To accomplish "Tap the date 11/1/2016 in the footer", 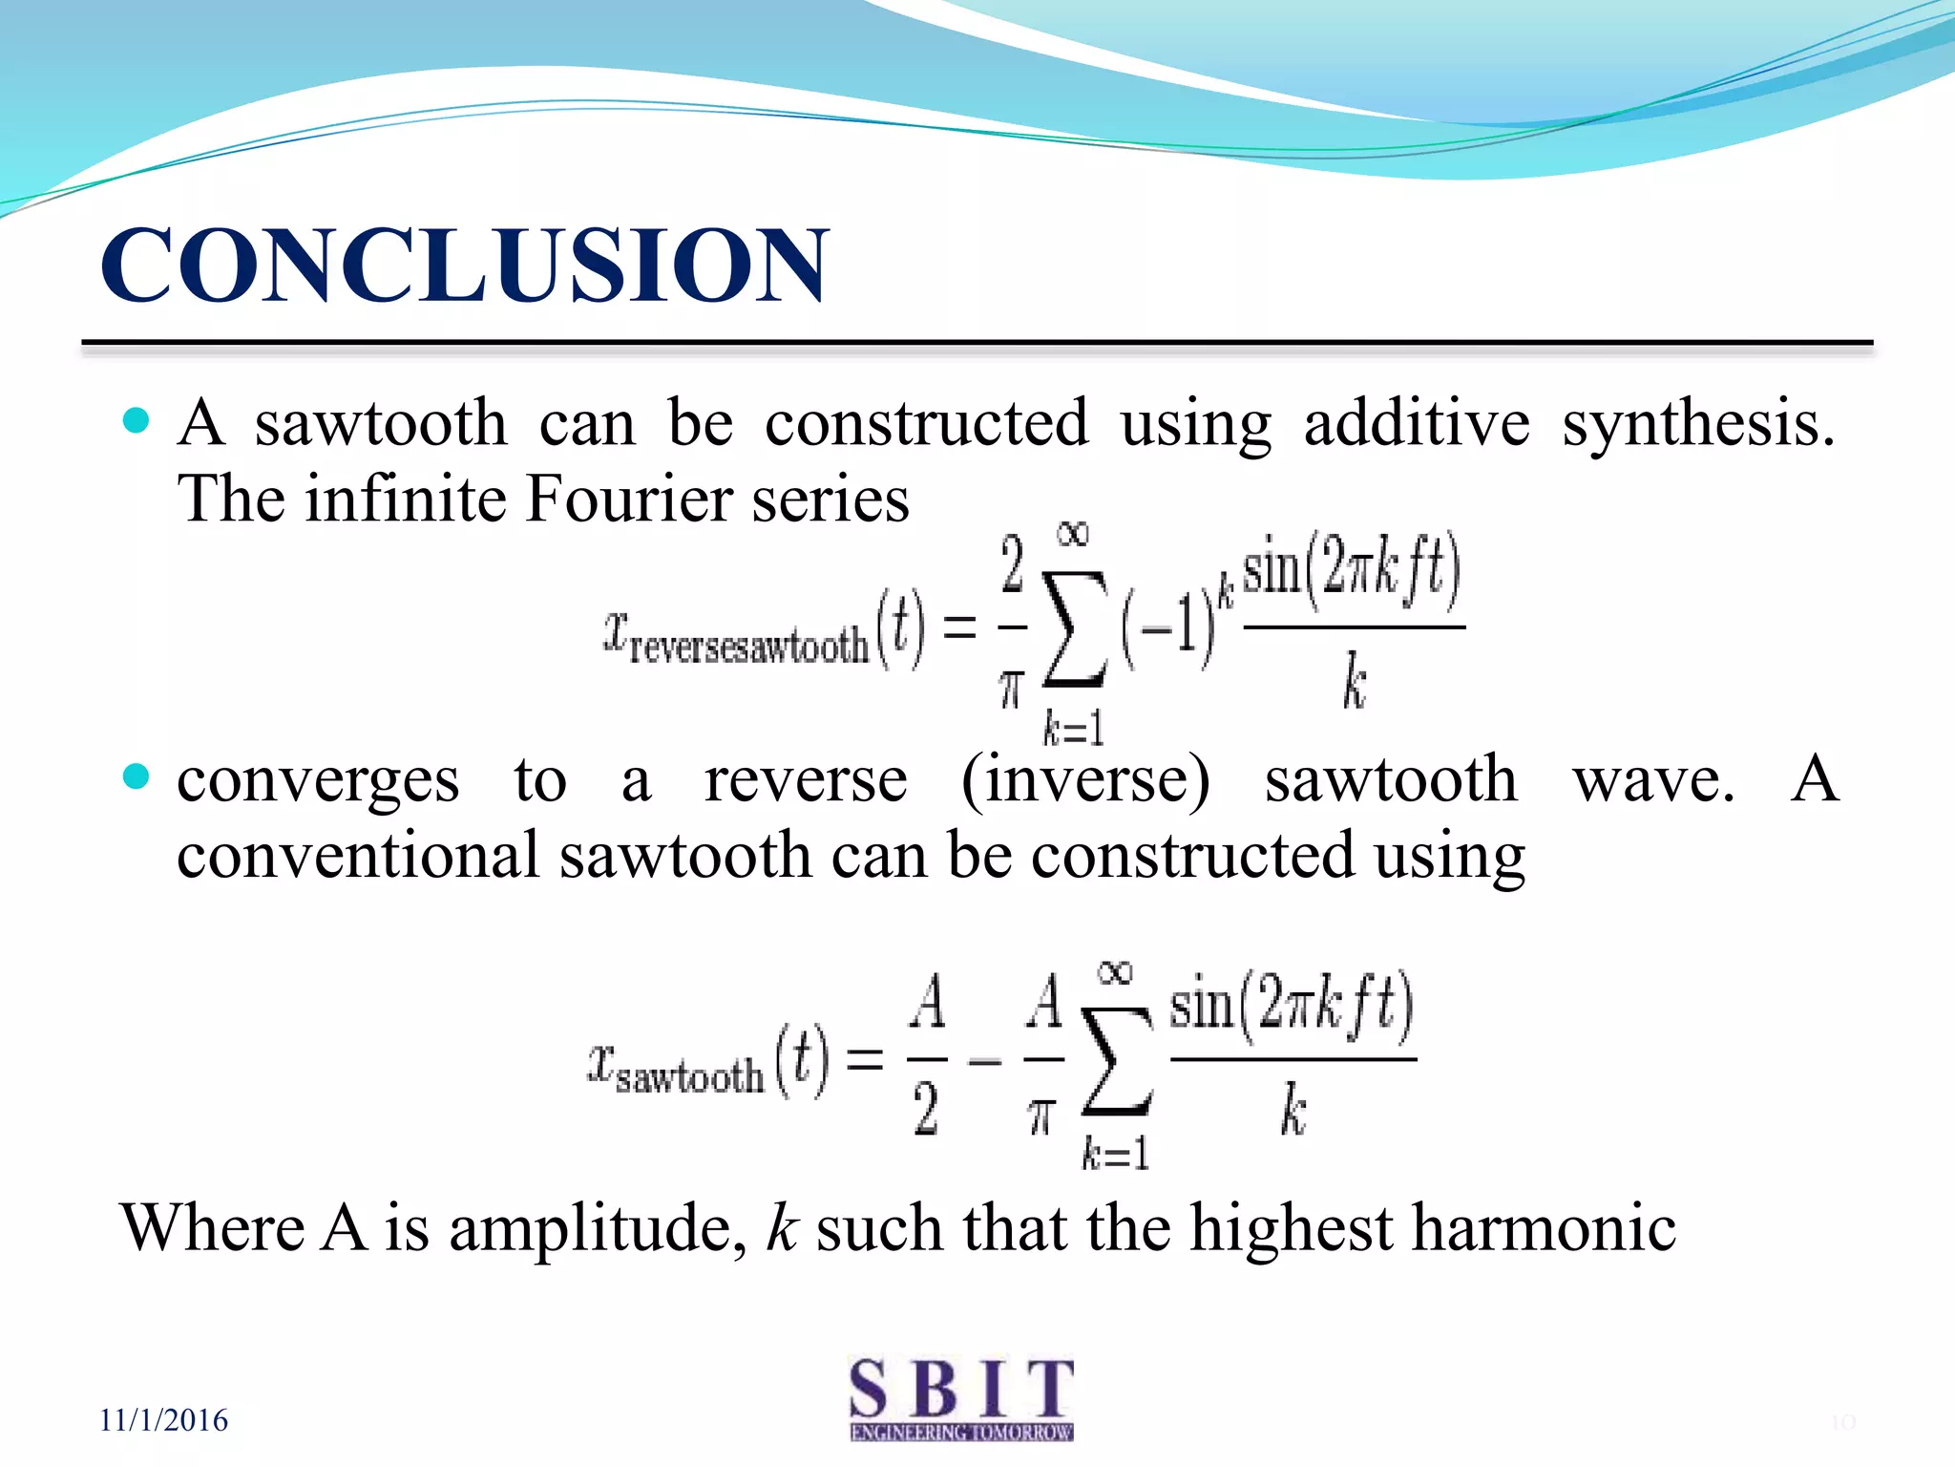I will pos(163,1420).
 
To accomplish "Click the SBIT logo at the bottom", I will pos(961,1398).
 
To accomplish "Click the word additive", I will pos(1417,423).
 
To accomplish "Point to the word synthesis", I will pos(1697,423).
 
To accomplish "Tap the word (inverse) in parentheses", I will pos(1085,780).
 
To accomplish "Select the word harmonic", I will pos(1544,1228).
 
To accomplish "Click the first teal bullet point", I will pos(137,420).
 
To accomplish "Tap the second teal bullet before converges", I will pos(137,776).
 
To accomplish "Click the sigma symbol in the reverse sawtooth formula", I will pos(1075,628).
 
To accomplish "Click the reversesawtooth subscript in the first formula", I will pos(748,648).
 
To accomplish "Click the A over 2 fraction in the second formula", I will pos(926,1056).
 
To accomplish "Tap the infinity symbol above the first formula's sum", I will pos(1073,534).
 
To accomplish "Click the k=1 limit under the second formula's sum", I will pos(1114,1154).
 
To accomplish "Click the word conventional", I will pos(358,855).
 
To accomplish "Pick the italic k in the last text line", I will pos(781,1228).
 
